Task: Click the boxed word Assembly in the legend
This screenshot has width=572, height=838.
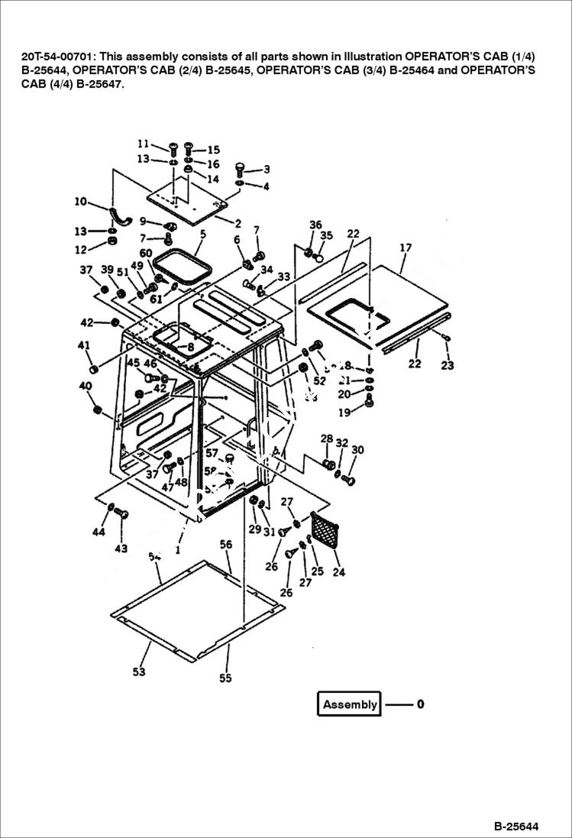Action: [x=350, y=704]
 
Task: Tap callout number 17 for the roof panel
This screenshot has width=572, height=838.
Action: [x=406, y=248]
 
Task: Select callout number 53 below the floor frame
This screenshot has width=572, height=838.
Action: [x=138, y=672]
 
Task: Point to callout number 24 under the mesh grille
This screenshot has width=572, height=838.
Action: [x=339, y=571]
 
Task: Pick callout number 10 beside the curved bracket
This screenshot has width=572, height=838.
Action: [x=80, y=202]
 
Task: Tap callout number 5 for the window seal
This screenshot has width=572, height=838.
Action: [x=202, y=233]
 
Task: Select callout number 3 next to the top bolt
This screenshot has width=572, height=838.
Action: [x=267, y=170]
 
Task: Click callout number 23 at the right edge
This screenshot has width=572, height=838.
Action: [x=448, y=365]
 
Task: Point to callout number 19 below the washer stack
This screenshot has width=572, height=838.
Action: [x=344, y=413]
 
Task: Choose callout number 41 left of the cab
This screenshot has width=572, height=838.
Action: [x=84, y=345]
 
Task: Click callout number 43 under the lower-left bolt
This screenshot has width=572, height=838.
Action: [x=121, y=548]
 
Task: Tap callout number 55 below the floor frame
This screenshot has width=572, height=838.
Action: [x=225, y=678]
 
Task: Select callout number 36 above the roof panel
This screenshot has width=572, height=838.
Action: [x=315, y=225]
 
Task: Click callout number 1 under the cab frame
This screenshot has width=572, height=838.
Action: [x=178, y=548]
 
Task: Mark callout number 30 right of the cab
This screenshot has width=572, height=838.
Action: [x=357, y=450]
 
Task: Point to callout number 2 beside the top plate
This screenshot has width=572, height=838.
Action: [x=238, y=224]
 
